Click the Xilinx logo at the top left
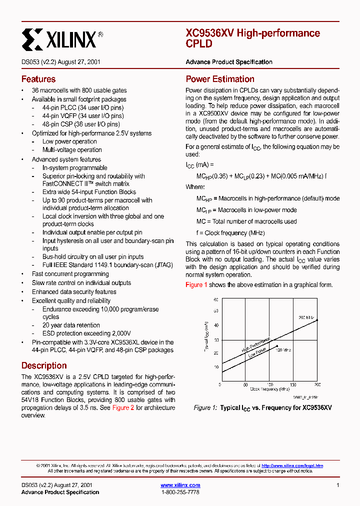pos(62,38)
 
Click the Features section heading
pos(38,79)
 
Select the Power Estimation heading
pos(220,79)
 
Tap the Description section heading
pos(44,365)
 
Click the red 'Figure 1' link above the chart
pos(196,284)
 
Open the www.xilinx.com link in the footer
pos(180,485)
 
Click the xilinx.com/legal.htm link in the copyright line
pos(292,465)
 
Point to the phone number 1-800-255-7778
pos(180,492)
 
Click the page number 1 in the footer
pos(338,485)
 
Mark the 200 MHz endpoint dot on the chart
pos(317,320)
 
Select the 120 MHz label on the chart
pos(283,350)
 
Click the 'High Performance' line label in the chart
pos(256,343)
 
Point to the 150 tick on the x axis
pos(293,384)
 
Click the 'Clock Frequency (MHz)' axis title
pos(269,389)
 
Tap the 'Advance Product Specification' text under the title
pos(229,62)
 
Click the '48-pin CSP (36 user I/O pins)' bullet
pos(81,124)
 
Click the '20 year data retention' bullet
pos(71,325)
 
